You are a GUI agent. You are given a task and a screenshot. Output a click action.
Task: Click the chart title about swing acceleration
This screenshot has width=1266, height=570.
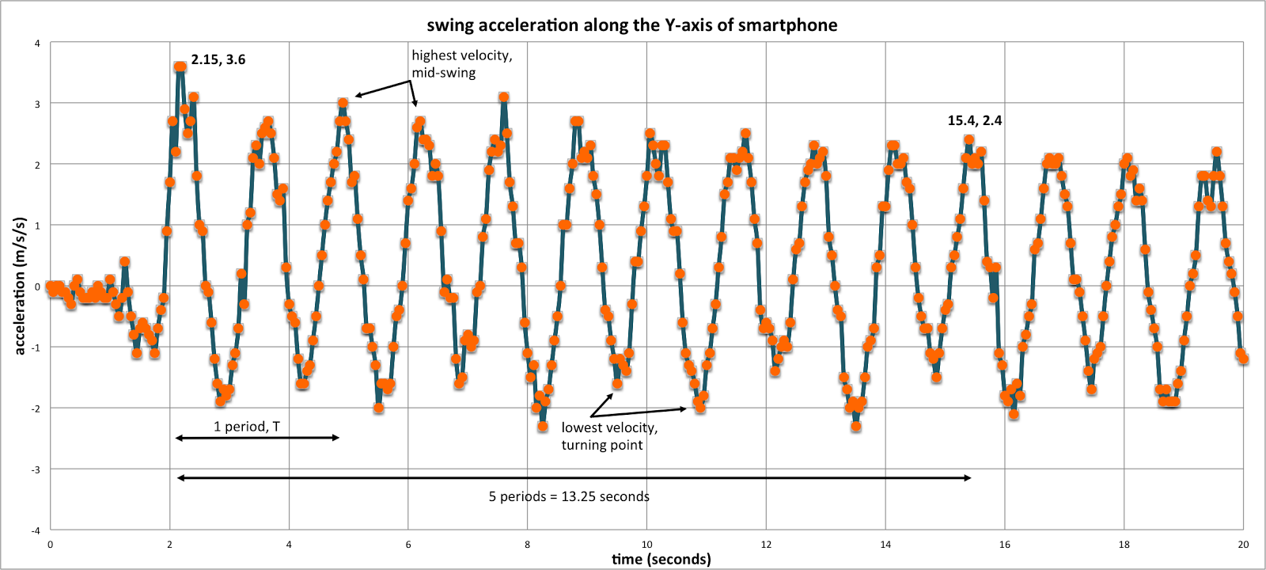pos(631,25)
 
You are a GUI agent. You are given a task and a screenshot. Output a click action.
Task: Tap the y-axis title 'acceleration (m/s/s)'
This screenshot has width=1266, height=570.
pos(20,286)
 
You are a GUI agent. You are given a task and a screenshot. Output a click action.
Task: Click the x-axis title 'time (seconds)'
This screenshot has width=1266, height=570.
pos(661,559)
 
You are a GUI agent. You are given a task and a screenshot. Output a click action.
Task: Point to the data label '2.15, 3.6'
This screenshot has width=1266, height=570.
pos(218,59)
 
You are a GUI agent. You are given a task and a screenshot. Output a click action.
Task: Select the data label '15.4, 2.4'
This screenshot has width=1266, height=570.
pos(975,120)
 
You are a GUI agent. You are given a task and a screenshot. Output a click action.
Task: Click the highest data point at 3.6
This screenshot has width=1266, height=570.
pos(180,67)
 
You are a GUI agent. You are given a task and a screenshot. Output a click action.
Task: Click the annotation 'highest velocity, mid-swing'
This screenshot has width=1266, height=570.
pos(461,64)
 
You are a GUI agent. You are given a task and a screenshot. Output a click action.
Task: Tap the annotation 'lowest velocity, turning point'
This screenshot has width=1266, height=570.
pos(609,436)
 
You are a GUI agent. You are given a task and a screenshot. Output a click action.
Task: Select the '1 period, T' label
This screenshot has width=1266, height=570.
pos(247,427)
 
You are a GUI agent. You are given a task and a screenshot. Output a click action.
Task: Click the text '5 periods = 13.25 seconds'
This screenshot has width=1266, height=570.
pos(569,496)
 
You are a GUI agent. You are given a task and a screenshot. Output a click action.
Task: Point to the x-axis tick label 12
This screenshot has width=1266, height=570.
pos(766,545)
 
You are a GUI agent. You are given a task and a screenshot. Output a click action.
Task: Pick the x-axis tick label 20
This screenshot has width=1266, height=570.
pos(1243,545)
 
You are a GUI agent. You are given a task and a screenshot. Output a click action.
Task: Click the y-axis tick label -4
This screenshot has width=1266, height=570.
pos(36,530)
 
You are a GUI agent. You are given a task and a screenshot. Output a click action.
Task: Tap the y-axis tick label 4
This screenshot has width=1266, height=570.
pos(37,43)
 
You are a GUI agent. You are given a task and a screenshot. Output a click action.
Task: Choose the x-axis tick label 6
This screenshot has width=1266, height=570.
pos(408,545)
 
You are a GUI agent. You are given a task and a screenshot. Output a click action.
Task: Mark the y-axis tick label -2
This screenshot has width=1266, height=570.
pos(36,408)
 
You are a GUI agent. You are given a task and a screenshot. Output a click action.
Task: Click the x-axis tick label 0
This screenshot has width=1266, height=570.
pos(50,545)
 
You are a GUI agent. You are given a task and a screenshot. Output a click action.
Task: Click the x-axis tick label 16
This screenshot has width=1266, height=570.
pos(1004,545)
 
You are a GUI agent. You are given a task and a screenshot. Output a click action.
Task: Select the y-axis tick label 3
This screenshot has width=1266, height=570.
pos(37,104)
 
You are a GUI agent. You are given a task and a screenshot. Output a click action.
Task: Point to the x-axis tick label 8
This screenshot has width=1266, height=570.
pos(528,545)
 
